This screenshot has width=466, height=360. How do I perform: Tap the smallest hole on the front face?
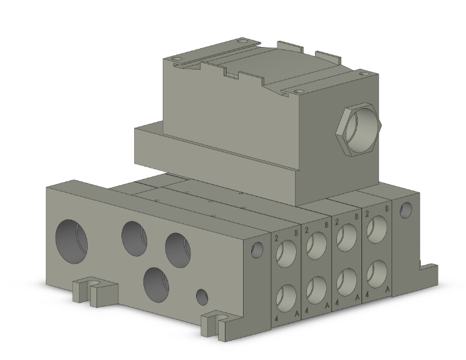click(202, 297)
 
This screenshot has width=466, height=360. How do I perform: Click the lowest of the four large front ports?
click(156, 284)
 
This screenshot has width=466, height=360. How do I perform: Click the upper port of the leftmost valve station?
click(287, 252)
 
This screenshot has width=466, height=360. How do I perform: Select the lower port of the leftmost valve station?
click(287, 294)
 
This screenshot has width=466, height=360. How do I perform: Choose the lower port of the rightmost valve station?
click(377, 272)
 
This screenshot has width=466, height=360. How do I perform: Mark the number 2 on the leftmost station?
click(276, 238)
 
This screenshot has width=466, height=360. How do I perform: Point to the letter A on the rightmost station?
click(388, 289)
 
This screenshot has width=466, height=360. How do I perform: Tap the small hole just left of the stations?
click(256, 251)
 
